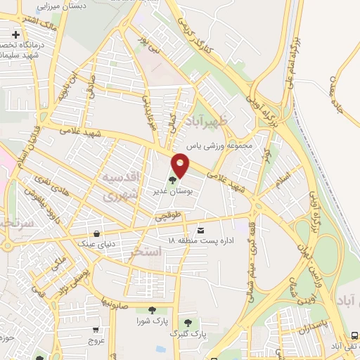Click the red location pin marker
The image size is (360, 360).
pos(181,166)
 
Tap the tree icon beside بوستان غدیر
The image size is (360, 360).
pos(173,181)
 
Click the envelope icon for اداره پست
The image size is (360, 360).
pos(202,231)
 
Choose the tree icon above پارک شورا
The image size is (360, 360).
pos(151,310)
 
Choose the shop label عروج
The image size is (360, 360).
pos(96,341)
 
